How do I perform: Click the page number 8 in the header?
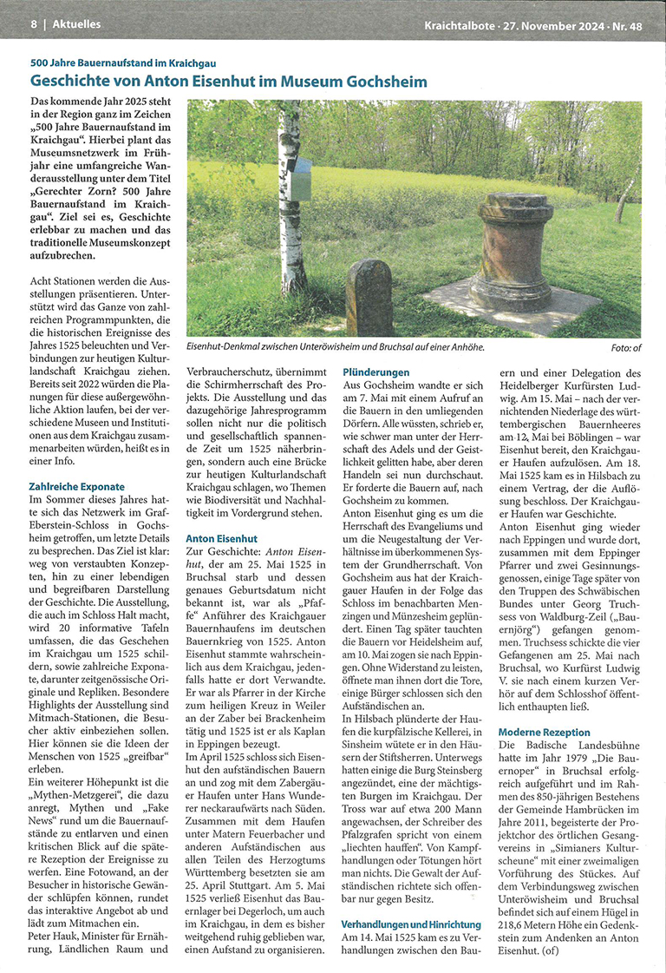[34, 24]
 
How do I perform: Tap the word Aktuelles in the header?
[76, 24]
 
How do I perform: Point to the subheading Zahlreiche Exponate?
[77, 487]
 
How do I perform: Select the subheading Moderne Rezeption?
[545, 733]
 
